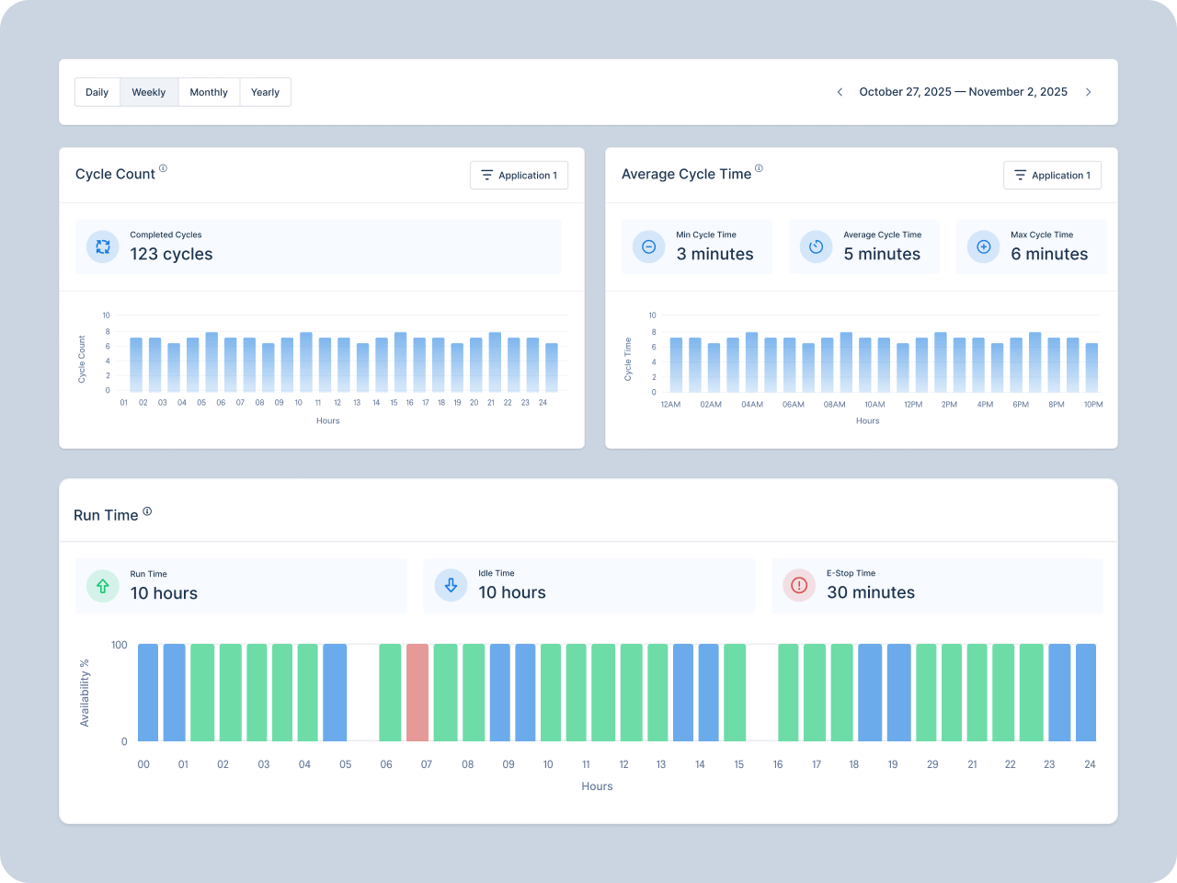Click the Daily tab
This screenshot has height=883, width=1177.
tap(97, 92)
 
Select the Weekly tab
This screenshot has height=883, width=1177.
tap(149, 92)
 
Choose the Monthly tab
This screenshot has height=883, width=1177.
tap(209, 92)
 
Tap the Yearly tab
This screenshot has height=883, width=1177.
tap(265, 92)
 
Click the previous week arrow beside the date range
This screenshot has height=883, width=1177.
tap(840, 92)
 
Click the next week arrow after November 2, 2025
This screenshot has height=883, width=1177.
tap(1089, 92)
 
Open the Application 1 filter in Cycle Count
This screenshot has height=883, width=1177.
tap(519, 176)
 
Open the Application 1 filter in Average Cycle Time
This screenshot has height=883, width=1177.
tap(1052, 176)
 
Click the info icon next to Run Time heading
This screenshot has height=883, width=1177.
tap(147, 512)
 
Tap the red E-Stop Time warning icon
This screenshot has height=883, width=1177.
tap(799, 586)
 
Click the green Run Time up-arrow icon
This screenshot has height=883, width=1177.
tap(103, 586)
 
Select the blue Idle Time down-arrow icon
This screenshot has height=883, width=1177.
tap(451, 586)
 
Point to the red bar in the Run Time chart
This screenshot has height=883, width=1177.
tap(417, 693)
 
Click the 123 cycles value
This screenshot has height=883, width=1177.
tap(171, 255)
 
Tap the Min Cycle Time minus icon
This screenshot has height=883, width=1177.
tap(648, 247)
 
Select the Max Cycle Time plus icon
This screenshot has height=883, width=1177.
tap(983, 247)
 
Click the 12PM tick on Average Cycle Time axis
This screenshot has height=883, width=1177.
tap(913, 405)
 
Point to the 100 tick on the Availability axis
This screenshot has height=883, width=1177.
tap(120, 646)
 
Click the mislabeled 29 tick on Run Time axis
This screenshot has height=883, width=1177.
tap(932, 765)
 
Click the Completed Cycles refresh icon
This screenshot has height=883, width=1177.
tap(103, 247)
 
